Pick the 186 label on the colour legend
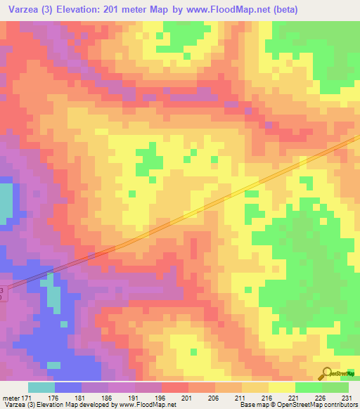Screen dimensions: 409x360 pyautogui.click(x=107, y=397)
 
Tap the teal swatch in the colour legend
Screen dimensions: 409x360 pyautogui.click(x=41, y=387)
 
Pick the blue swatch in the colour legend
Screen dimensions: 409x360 pyautogui.click(x=67, y=387)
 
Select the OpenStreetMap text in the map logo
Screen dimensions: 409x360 pyautogui.click(x=342, y=373)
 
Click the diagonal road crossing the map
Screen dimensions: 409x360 pyautogui.click(x=211, y=204)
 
